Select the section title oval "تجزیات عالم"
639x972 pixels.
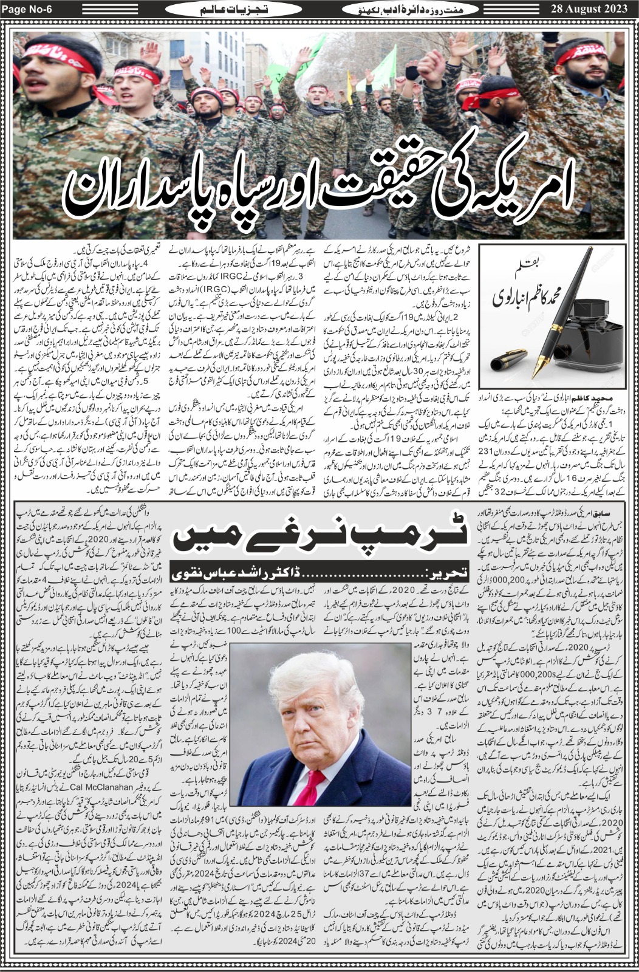pos(225,10)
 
